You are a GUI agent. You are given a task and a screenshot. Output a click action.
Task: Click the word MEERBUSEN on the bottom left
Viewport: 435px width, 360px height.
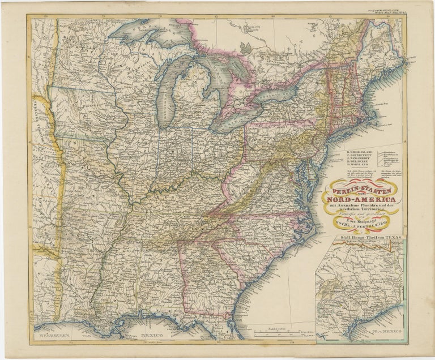tap(53, 337)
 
